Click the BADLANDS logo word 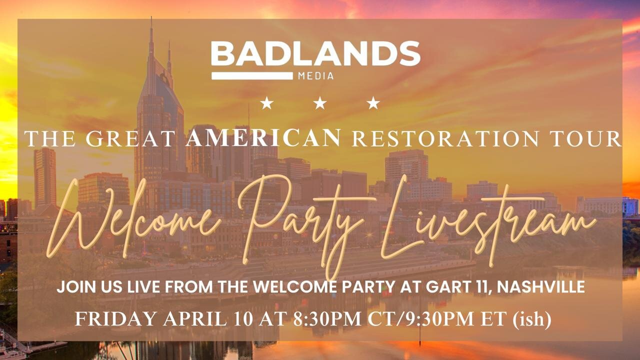[x=315, y=54]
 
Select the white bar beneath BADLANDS [x=252, y=76]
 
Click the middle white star [x=320, y=103]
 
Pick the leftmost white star [x=267, y=103]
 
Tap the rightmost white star [x=373, y=103]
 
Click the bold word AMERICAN [x=263, y=137]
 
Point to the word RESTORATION [x=442, y=138]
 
